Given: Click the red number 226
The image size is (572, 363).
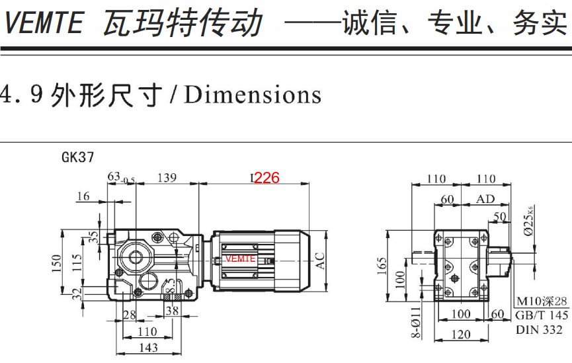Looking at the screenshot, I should click(x=267, y=178).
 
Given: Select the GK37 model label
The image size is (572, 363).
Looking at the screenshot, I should click(x=77, y=157).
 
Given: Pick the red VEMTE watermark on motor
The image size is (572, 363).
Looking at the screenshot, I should click(x=240, y=259).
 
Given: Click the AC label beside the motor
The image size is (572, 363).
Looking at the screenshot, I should click(x=321, y=261).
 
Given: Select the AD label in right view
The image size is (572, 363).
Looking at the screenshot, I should click(x=485, y=199).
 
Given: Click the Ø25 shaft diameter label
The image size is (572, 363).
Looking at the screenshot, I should click(x=528, y=223).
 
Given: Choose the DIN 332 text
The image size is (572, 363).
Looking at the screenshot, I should click(x=539, y=329).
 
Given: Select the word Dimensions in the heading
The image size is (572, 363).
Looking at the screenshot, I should click(x=253, y=95).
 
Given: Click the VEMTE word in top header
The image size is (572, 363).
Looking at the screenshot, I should click(x=44, y=24).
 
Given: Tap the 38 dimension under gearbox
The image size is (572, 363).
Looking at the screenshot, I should click(x=172, y=310).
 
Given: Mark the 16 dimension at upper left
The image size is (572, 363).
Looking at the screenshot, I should click(x=83, y=196).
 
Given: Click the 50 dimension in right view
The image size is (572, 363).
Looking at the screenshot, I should click(x=500, y=217).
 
